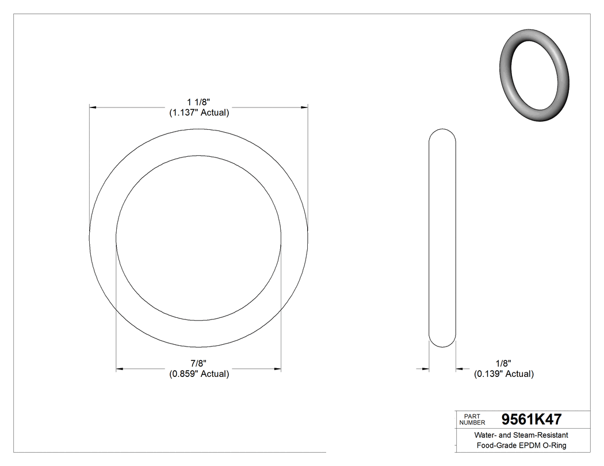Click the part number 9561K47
click(x=532, y=419)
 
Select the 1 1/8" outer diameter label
click(x=198, y=103)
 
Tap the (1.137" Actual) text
click(x=199, y=113)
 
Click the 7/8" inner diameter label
click(x=198, y=364)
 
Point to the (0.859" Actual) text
click(x=199, y=374)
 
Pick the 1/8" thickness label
click(x=503, y=364)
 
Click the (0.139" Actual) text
click(x=503, y=374)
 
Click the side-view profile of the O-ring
click(x=443, y=237)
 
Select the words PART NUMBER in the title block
click(x=473, y=419)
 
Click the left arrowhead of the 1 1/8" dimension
click(x=93, y=107)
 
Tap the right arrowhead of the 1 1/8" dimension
click(x=304, y=107)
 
